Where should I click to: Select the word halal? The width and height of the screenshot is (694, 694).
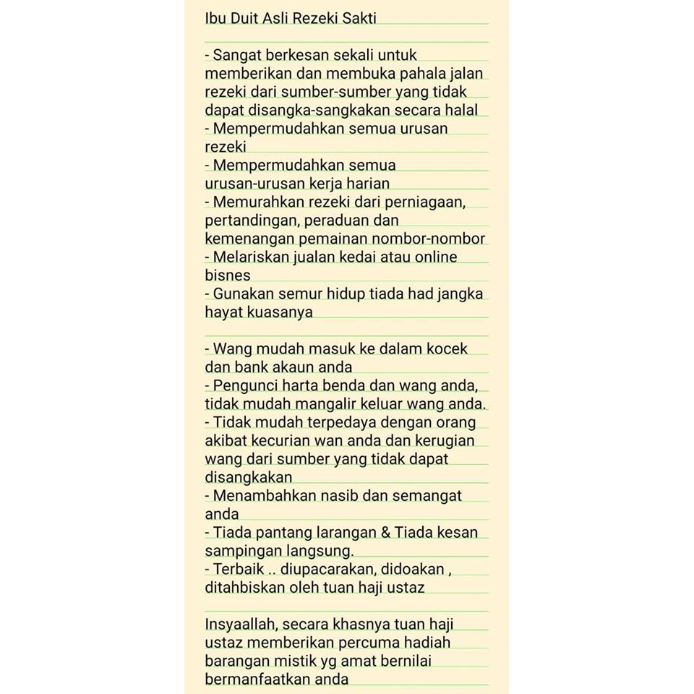[460, 110]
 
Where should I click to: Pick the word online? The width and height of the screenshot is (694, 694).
[434, 257]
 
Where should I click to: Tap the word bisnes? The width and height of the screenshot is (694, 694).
[228, 275]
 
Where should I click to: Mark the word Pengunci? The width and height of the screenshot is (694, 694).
[245, 385]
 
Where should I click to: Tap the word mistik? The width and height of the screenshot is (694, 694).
[293, 661]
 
